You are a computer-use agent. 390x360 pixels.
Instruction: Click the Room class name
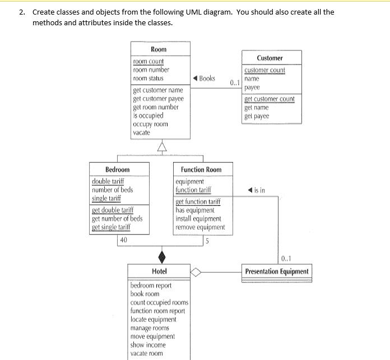coord(159,49)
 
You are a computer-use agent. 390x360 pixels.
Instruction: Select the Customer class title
coord(270,58)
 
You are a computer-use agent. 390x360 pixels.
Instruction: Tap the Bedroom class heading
coord(117,169)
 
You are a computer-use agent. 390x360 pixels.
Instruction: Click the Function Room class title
coord(201,169)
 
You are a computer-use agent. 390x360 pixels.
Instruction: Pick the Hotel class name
coord(160,271)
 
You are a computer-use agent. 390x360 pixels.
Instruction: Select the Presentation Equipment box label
coord(277,271)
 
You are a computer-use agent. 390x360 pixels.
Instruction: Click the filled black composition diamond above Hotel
coord(162,256)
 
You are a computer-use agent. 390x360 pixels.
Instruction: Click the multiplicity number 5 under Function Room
coord(207,242)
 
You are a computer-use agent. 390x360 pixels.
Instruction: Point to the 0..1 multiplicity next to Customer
coord(235,83)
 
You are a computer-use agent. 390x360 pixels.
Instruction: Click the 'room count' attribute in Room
coord(148,61)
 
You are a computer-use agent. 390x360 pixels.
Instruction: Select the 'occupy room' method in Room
coord(150,124)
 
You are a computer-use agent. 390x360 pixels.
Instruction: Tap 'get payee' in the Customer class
coord(257,116)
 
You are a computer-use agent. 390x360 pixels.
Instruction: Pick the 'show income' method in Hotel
coord(148,345)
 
